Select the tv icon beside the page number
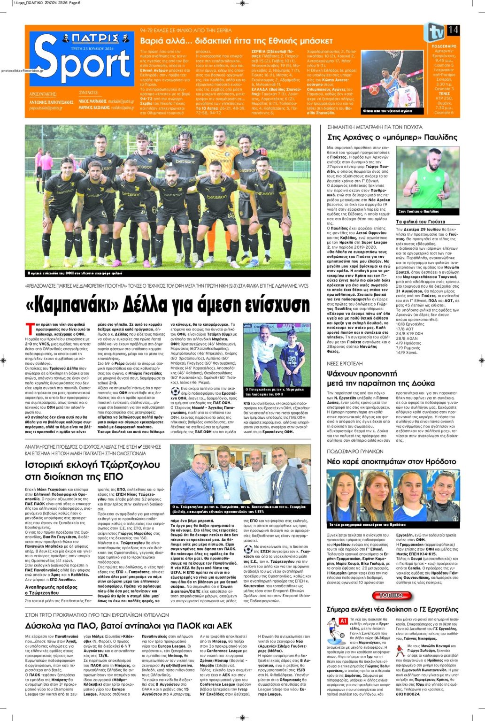[435, 32]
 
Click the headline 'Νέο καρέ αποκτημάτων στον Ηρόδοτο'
[391, 462]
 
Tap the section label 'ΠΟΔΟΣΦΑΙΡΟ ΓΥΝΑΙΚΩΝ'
[355, 451]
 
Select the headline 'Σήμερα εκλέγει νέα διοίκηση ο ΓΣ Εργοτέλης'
[392, 609]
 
